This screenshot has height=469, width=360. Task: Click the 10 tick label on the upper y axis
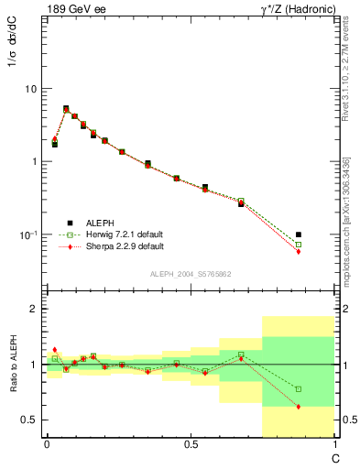coord(30,89)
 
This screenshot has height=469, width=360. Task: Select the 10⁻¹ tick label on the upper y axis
coord(27,235)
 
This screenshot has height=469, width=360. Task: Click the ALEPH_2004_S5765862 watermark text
coord(190,275)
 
